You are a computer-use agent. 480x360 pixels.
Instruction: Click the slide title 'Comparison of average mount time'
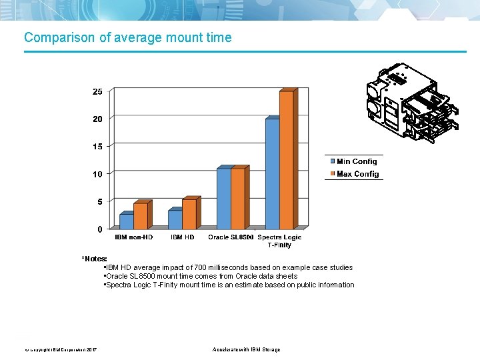click(128, 38)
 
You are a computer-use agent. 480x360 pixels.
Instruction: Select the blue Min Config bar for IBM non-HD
click(126, 221)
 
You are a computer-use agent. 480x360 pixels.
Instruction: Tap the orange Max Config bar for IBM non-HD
click(140, 215)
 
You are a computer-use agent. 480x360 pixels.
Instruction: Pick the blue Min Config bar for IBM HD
click(175, 219)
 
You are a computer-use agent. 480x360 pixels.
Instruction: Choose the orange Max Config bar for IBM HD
click(189, 213)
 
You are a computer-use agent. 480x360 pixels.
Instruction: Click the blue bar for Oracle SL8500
click(223, 198)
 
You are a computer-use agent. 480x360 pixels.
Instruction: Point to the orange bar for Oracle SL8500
click(237, 198)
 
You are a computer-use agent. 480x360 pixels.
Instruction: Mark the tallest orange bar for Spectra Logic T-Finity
click(286, 160)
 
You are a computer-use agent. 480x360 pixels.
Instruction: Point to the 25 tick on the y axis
click(97, 91)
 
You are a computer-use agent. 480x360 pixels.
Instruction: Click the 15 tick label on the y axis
click(97, 147)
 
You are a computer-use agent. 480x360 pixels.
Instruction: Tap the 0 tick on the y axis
click(100, 229)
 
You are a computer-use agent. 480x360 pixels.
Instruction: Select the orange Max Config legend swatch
click(332, 174)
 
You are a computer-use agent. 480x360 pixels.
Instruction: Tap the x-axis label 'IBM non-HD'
click(133, 237)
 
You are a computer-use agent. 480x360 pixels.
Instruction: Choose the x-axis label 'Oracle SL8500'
click(231, 237)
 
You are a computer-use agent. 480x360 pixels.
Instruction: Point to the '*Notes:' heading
click(94, 258)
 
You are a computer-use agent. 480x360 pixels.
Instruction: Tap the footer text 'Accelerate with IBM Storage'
click(246, 349)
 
